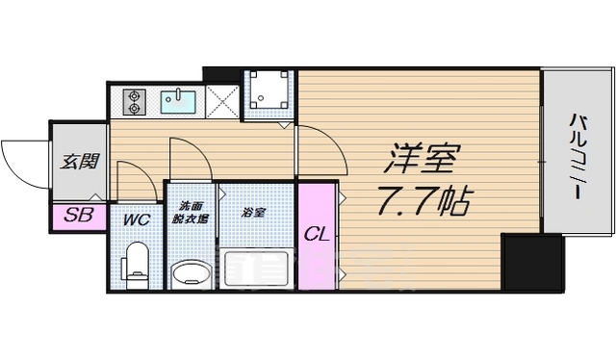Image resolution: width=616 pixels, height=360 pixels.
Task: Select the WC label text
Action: pos(136,219)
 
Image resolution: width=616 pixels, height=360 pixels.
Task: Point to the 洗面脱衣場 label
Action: pos(191,213)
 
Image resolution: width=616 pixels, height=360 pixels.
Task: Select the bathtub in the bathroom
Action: pos(255,266)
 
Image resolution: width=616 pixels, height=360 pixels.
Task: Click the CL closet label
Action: pos(316,233)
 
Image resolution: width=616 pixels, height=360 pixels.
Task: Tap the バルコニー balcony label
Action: pos(578,157)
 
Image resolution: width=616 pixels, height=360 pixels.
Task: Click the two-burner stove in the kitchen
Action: pos(133,99)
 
